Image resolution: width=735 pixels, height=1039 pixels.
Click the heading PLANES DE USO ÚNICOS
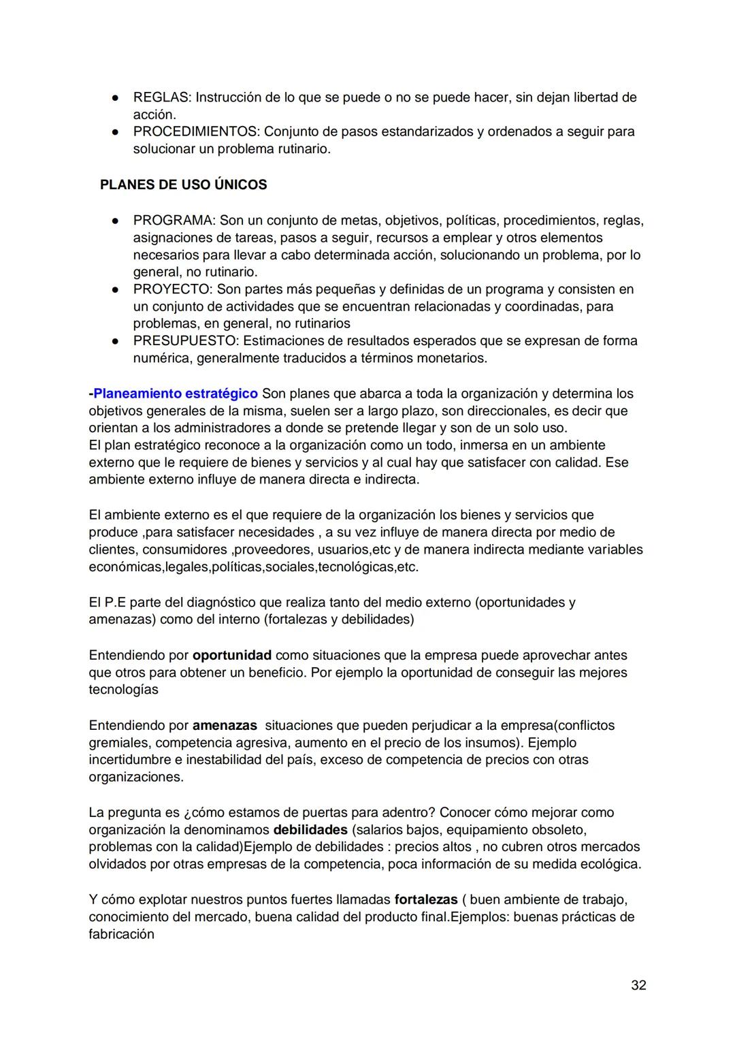(183, 185)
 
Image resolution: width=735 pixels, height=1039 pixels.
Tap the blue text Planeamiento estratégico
(176, 394)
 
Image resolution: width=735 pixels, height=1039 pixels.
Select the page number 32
(638, 985)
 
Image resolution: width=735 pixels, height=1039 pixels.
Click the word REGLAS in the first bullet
(161, 97)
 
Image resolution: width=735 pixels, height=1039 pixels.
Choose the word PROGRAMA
(173, 221)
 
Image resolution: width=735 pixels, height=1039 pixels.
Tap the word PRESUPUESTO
(184, 340)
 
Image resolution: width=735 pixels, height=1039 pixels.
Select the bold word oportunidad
(232, 655)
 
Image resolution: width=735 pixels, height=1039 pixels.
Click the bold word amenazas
(225, 725)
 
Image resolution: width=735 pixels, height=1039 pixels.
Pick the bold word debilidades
(310, 830)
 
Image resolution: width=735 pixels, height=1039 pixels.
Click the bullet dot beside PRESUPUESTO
(116, 340)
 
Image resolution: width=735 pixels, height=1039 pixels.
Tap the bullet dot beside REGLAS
(116, 97)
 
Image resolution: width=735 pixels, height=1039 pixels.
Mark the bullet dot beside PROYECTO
(116, 289)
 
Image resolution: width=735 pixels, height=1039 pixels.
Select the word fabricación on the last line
(121, 934)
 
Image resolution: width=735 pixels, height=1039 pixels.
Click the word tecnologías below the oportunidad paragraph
(123, 690)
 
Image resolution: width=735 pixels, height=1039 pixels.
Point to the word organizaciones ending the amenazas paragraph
(135, 777)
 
